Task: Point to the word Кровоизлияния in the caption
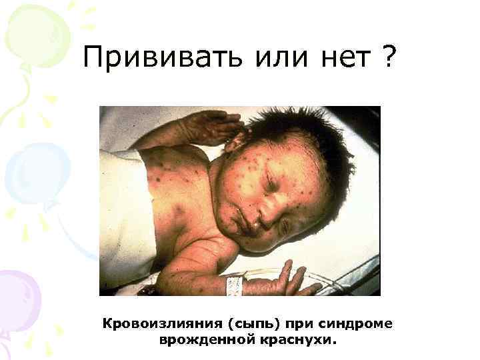tap(157, 324)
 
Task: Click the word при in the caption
tap(297, 324)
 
